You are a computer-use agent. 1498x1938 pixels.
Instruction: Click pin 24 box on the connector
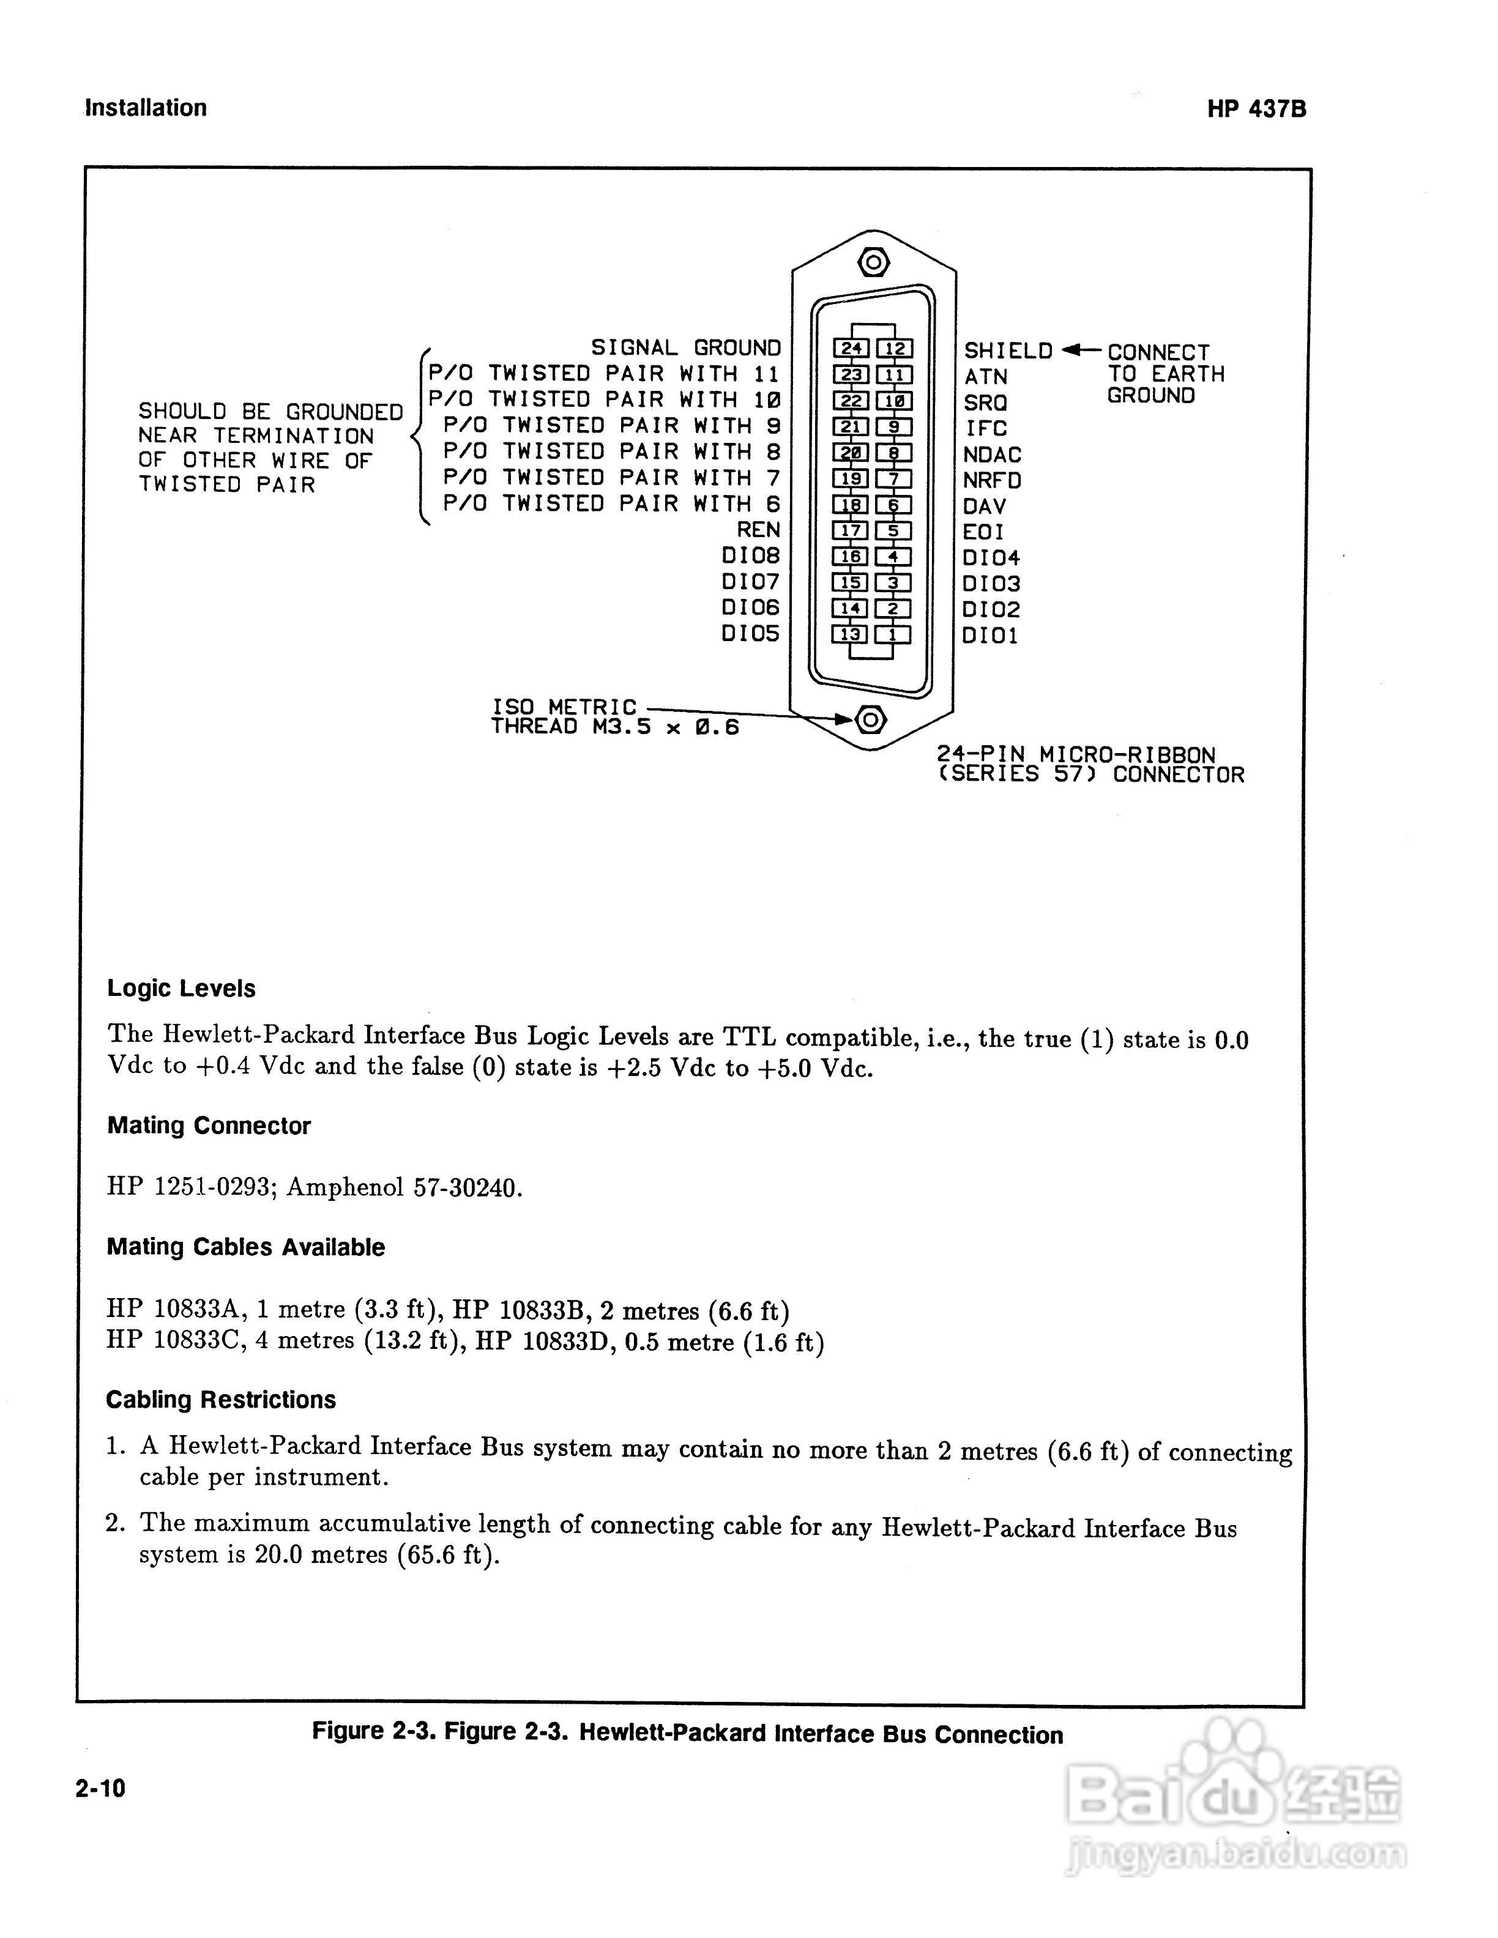pyautogui.click(x=851, y=349)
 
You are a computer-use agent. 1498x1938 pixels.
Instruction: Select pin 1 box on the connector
pyautogui.click(x=893, y=634)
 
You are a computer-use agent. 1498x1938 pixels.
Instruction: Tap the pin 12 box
pyautogui.click(x=895, y=349)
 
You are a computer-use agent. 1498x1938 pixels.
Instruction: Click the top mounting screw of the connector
pyautogui.click(x=873, y=262)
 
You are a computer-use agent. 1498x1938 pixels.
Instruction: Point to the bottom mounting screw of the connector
pyautogui.click(x=871, y=719)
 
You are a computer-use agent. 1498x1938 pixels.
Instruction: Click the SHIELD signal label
pyautogui.click(x=1007, y=351)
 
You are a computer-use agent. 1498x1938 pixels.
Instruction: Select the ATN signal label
pyautogui.click(x=985, y=376)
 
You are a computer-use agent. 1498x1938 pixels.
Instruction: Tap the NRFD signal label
pyautogui.click(x=992, y=480)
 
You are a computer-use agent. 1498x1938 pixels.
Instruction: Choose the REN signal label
pyautogui.click(x=758, y=530)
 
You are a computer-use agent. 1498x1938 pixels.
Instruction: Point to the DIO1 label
pyautogui.click(x=989, y=636)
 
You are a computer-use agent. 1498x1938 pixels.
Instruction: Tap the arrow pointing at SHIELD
pyautogui.click(x=1080, y=350)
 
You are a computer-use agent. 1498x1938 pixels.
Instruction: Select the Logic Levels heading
pyautogui.click(x=181, y=989)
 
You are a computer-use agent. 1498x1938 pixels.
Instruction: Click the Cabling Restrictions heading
pyautogui.click(x=221, y=1400)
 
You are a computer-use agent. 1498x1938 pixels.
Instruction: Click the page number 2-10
pyautogui.click(x=100, y=1788)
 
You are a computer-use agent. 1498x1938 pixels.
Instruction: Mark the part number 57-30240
pyautogui.click(x=468, y=1187)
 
